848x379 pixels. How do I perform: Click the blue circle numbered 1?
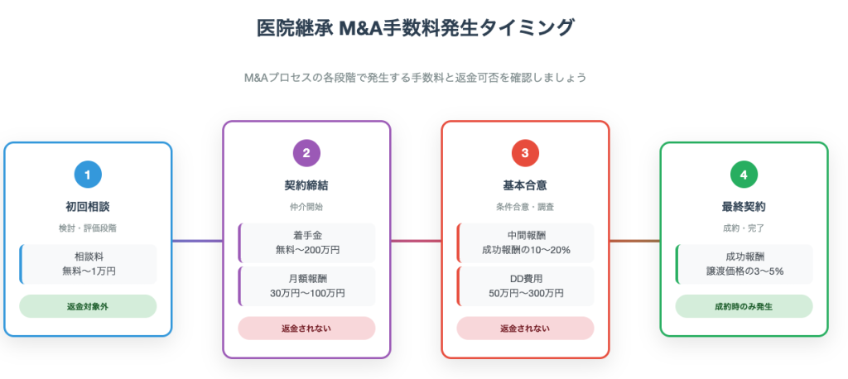[x=88, y=175]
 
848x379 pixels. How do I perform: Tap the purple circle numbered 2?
[x=306, y=153]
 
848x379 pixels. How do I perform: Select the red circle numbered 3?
[x=525, y=153]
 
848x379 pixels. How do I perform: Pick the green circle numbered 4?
[x=744, y=175]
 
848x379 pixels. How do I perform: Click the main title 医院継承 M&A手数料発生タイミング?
[x=415, y=28]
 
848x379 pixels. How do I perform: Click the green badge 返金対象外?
[x=88, y=306]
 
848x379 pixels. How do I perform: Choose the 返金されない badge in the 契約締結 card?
[x=306, y=328]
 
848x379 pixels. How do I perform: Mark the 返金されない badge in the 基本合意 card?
[x=525, y=328]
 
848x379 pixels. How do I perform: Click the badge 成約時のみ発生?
[x=744, y=306]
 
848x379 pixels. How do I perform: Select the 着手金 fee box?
[x=306, y=242]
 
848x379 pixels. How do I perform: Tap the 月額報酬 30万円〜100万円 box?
[x=306, y=285]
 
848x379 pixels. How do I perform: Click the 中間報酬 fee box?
[x=525, y=242]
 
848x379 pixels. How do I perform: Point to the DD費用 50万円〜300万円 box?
[x=525, y=285]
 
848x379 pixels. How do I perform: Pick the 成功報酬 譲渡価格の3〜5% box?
[x=744, y=264]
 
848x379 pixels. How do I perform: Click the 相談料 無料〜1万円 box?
[x=88, y=264]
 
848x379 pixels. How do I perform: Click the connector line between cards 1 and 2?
[x=197, y=241]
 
